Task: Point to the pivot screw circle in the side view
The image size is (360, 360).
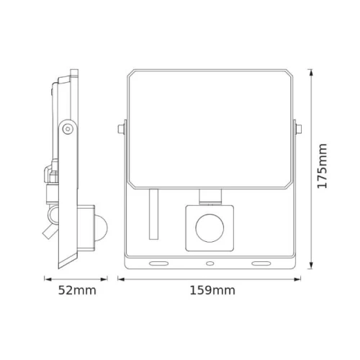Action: click(x=66, y=128)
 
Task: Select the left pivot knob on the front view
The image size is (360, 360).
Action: click(x=119, y=130)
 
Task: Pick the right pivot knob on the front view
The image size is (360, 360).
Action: click(x=299, y=130)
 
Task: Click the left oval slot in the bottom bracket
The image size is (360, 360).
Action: click(x=156, y=263)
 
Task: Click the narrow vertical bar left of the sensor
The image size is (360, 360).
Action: click(x=153, y=215)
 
